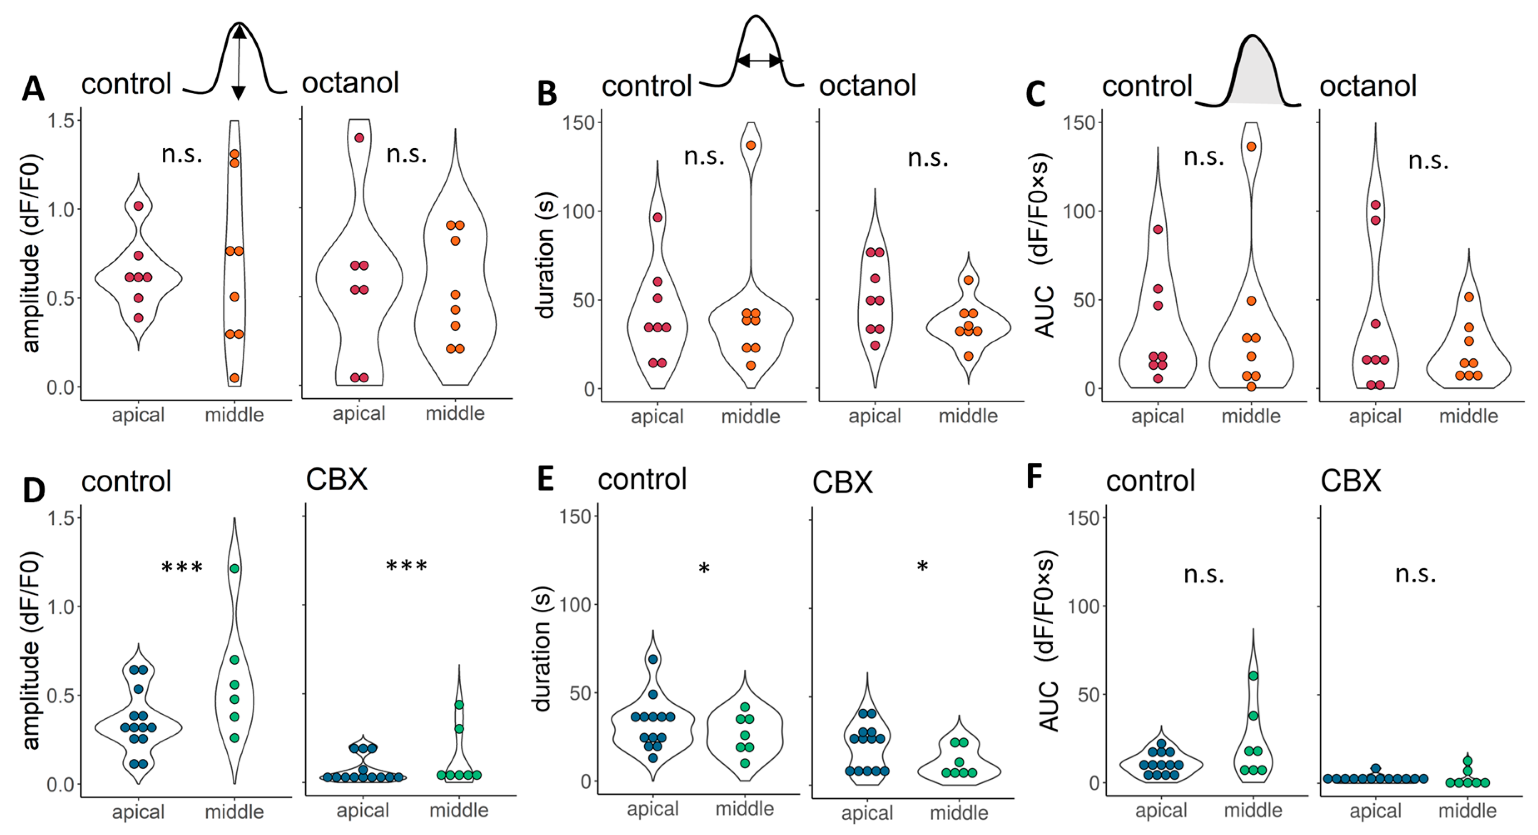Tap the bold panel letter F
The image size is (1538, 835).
point(1034,477)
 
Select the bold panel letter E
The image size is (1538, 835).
point(546,479)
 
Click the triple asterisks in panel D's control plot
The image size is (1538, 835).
point(182,567)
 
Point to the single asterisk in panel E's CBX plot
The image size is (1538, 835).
point(922,566)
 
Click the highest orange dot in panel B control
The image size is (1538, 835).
point(750,145)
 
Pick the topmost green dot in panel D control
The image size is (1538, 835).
point(235,568)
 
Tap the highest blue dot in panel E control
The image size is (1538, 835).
point(653,659)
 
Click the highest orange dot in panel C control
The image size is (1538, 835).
point(1251,146)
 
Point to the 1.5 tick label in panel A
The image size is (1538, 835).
point(60,121)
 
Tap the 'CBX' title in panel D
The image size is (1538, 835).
point(336,479)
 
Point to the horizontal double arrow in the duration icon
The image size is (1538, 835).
point(758,60)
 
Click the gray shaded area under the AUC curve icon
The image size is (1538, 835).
point(1254,77)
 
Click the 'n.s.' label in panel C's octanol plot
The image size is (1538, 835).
point(1428,161)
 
